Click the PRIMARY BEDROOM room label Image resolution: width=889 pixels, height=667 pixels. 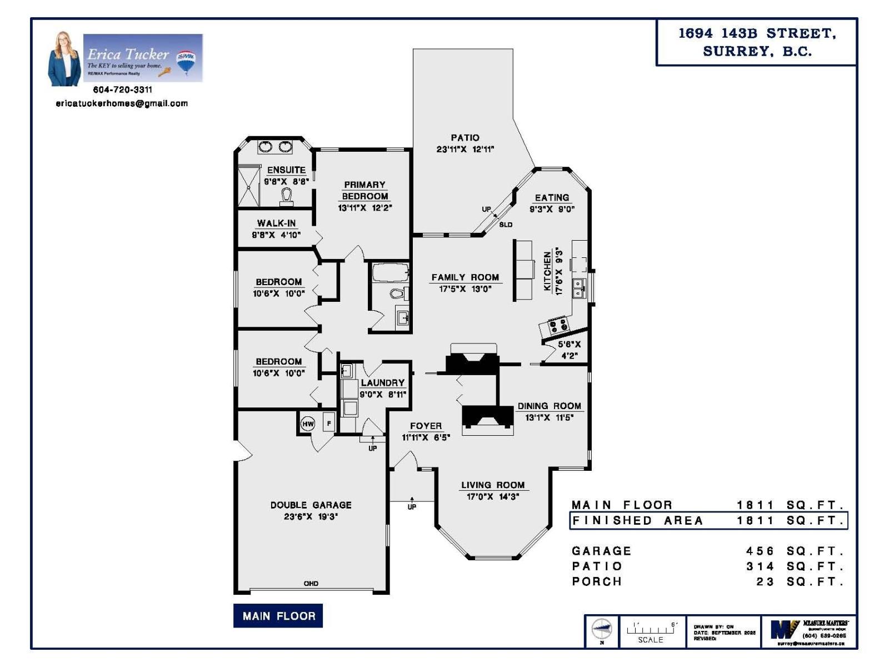pos(364,190)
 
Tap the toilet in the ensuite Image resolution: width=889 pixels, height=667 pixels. pos(287,196)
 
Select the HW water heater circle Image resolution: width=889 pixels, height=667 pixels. pos(308,424)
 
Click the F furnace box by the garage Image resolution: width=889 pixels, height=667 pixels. pos(329,424)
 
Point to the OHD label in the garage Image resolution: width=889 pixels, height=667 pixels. pos(311,583)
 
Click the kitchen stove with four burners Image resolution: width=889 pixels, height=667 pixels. pos(558,325)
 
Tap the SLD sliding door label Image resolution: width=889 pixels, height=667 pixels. pos(506,225)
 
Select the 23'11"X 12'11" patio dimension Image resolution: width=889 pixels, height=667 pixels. pos(465,149)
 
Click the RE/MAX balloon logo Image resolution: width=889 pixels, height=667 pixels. pos(186,61)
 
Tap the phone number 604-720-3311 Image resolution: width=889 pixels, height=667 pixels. pos(122,89)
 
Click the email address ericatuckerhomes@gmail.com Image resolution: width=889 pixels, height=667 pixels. pos(122,103)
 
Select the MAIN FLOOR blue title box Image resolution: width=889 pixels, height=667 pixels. pos(278,616)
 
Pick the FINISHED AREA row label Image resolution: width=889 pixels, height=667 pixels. pos(638,521)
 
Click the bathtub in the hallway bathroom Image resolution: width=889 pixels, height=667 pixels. pos(390,273)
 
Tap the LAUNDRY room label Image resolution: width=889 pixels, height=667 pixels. pos(383,382)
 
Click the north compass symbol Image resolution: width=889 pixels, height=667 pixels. pos(602,630)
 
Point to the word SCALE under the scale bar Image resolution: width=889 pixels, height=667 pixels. pos(651,640)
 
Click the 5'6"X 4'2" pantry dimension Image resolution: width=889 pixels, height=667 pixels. pos(569,350)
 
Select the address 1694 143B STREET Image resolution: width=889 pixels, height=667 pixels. pos(757,33)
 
